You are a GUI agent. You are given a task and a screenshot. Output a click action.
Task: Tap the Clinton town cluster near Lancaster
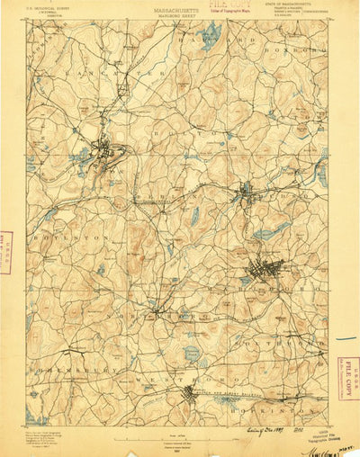[106, 153]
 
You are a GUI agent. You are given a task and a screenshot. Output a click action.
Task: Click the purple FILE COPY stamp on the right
[346, 363]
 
